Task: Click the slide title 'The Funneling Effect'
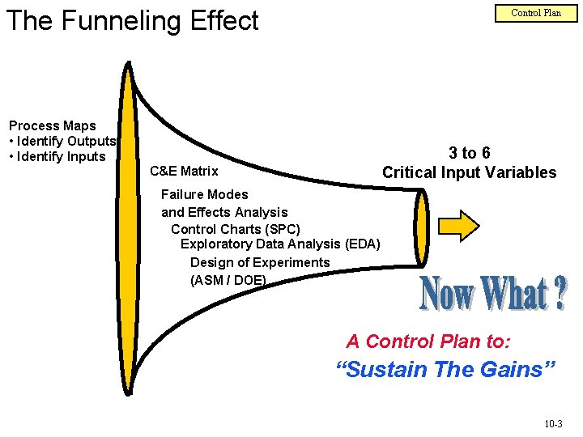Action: (x=132, y=21)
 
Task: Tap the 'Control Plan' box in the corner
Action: (x=535, y=13)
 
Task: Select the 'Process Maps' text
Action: (x=52, y=125)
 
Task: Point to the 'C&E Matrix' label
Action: (x=184, y=171)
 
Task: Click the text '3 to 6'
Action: (x=470, y=153)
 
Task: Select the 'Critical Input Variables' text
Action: (x=469, y=172)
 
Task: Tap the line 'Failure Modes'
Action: (x=205, y=194)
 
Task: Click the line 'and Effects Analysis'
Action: (x=224, y=212)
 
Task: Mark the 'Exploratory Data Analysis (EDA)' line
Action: (x=280, y=244)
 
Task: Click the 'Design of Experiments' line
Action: (x=260, y=262)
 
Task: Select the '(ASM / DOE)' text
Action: (x=228, y=280)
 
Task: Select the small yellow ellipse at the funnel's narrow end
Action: (x=420, y=227)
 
